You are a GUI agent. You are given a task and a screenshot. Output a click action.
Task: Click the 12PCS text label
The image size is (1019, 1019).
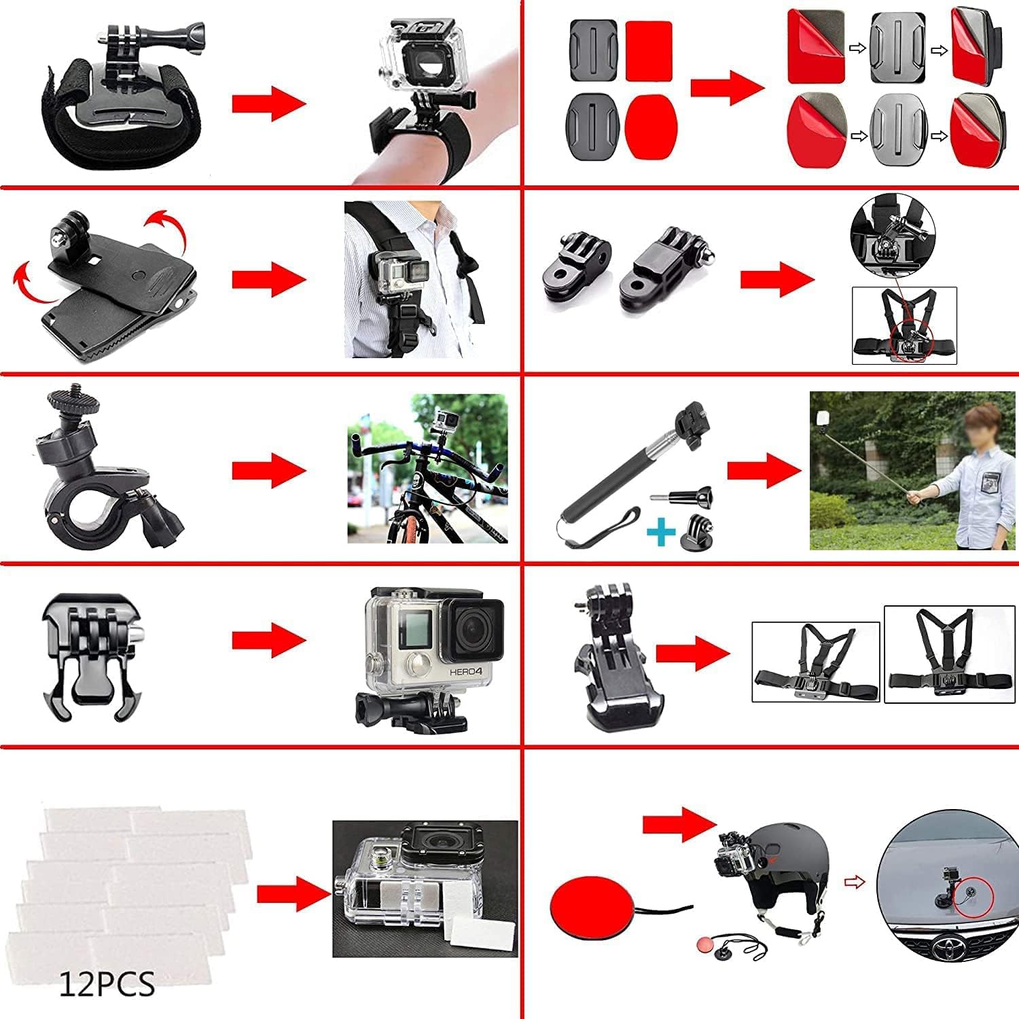pyautogui.click(x=107, y=984)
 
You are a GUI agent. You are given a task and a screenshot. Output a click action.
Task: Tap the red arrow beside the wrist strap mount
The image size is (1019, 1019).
pyautogui.click(x=268, y=104)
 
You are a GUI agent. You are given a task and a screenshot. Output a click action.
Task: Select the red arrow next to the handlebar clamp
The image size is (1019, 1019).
pyautogui.click(x=268, y=470)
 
